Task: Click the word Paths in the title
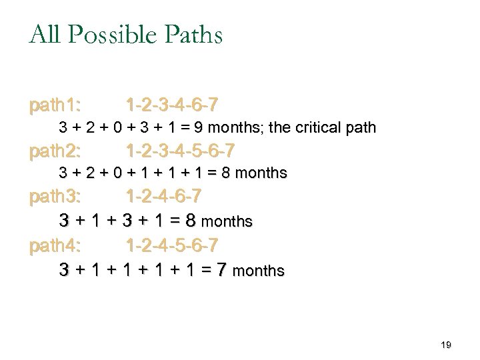(x=193, y=35)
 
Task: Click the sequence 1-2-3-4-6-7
(x=171, y=105)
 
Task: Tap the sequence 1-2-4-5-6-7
(x=171, y=246)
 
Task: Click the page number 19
(x=447, y=345)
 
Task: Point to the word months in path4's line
(x=260, y=271)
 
